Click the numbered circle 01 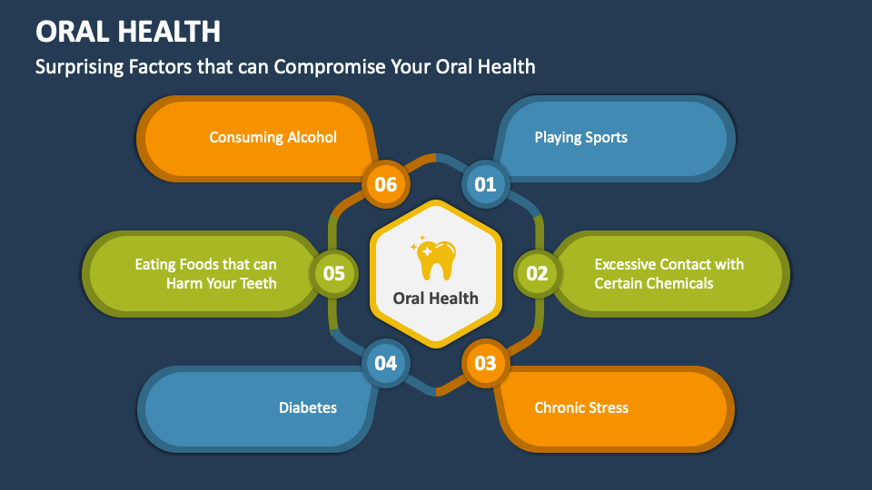pyautogui.click(x=486, y=184)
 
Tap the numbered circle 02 pyautogui.click(x=537, y=273)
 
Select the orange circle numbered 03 pyautogui.click(x=486, y=364)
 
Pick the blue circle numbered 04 pyautogui.click(x=386, y=364)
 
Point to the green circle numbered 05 pyautogui.click(x=334, y=273)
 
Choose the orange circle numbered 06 pyautogui.click(x=386, y=184)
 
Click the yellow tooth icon pyautogui.click(x=436, y=259)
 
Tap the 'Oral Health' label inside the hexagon pyautogui.click(x=436, y=299)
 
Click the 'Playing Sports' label pyautogui.click(x=580, y=138)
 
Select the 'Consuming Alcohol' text pyautogui.click(x=272, y=138)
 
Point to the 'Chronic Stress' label pyautogui.click(x=580, y=407)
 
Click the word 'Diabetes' pyautogui.click(x=307, y=407)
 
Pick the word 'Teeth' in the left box pyautogui.click(x=257, y=283)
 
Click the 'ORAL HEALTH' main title pyautogui.click(x=128, y=32)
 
